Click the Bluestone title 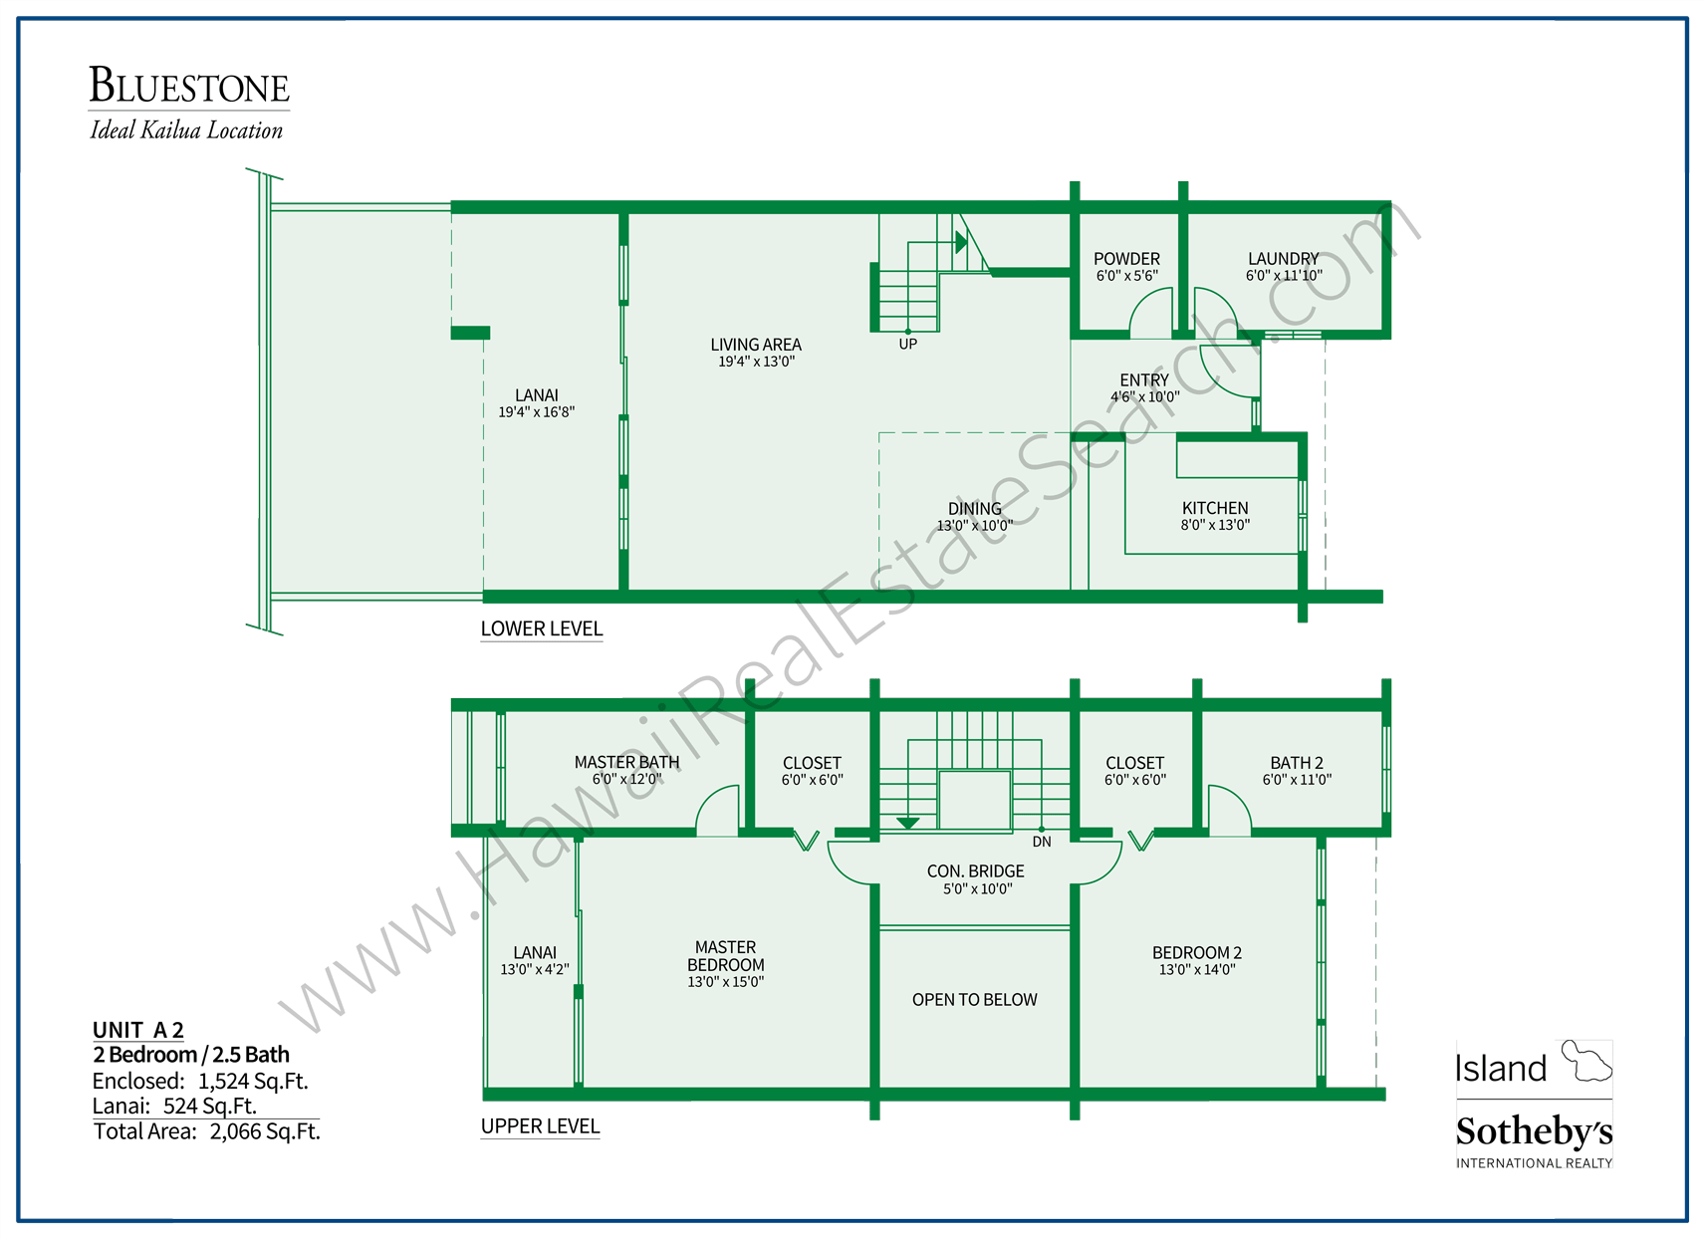(x=189, y=87)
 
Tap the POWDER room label (x=1126, y=259)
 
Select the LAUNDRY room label (x=1283, y=259)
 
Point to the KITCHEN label (x=1214, y=508)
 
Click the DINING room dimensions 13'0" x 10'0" (x=974, y=526)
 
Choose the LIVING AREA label (x=755, y=345)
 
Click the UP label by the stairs (x=907, y=345)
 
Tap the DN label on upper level (x=1041, y=843)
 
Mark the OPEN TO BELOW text (x=974, y=1000)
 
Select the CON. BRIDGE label (x=975, y=871)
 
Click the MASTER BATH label (x=626, y=762)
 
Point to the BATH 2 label (x=1296, y=763)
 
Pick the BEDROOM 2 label (x=1196, y=953)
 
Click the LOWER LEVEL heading (x=541, y=629)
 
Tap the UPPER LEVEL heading (x=540, y=1126)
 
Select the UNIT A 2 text (x=137, y=1030)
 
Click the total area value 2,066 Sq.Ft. (x=265, y=1131)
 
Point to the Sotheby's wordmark (x=1533, y=1132)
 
